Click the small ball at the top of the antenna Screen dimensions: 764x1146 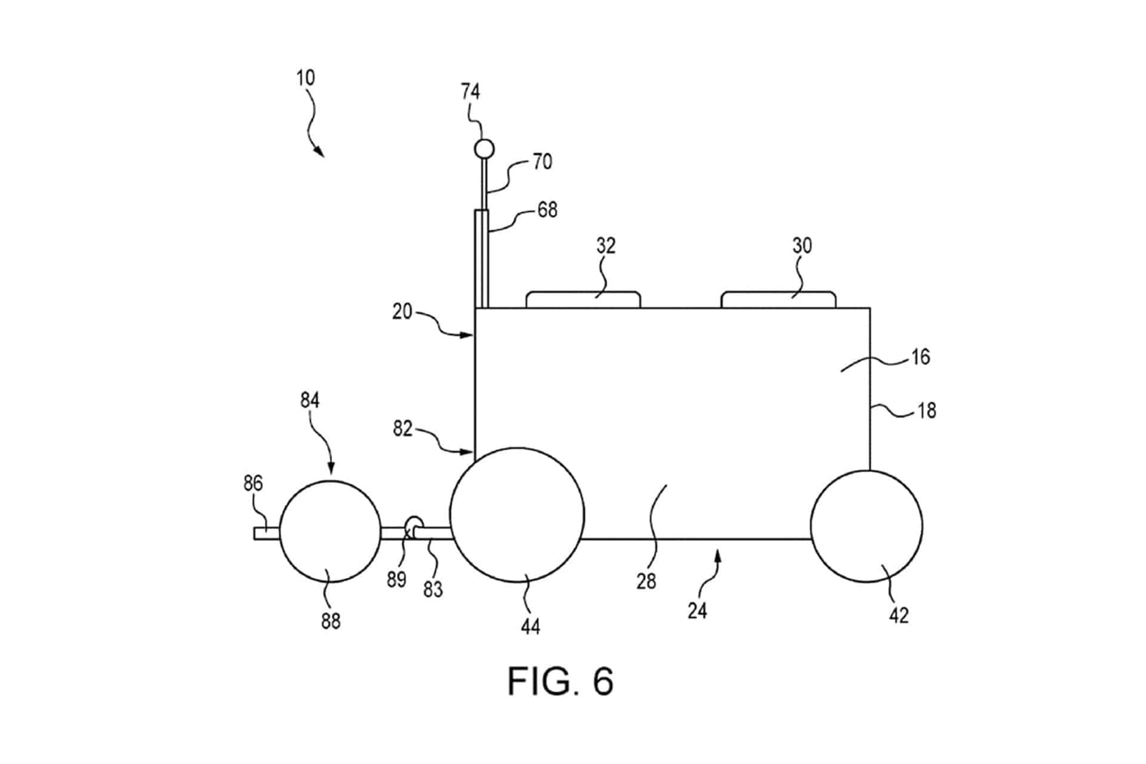pyautogui.click(x=483, y=148)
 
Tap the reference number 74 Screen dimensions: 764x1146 pyautogui.click(x=470, y=91)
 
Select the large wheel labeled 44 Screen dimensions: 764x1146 pyautogui.click(x=517, y=515)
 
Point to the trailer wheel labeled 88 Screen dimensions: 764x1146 pyautogui.click(x=330, y=531)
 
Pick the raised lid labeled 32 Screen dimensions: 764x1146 pyautogui.click(x=583, y=300)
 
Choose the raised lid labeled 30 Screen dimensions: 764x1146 pyautogui.click(x=778, y=300)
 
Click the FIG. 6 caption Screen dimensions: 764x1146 pyautogui.click(x=560, y=680)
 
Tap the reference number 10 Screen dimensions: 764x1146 pyautogui.click(x=306, y=78)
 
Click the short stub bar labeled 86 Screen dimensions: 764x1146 pyautogui.click(x=266, y=533)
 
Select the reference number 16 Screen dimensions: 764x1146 pyautogui.click(x=920, y=357)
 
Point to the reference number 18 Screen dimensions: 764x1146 pyautogui.click(x=926, y=411)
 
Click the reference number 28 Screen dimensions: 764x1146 pyautogui.click(x=646, y=581)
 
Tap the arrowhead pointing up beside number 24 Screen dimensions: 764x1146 pyautogui.click(x=719, y=556)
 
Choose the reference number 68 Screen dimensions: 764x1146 pyautogui.click(x=547, y=210)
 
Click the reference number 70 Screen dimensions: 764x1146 pyautogui.click(x=542, y=162)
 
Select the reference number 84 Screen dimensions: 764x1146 pyautogui.click(x=310, y=400)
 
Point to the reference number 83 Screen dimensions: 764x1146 pyautogui.click(x=433, y=589)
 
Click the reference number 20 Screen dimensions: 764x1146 pyautogui.click(x=402, y=312)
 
